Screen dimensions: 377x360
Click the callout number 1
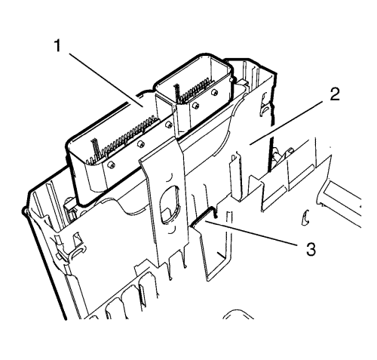coord(58,45)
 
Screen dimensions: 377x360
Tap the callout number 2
coord(335,94)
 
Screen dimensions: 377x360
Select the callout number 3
coord(311,249)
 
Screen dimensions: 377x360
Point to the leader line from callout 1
coord(106,80)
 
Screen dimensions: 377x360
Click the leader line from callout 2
coord(287,122)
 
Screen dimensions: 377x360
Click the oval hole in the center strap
coord(170,205)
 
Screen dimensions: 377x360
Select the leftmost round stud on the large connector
coord(111,165)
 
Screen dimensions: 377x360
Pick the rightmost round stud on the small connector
coord(214,92)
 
